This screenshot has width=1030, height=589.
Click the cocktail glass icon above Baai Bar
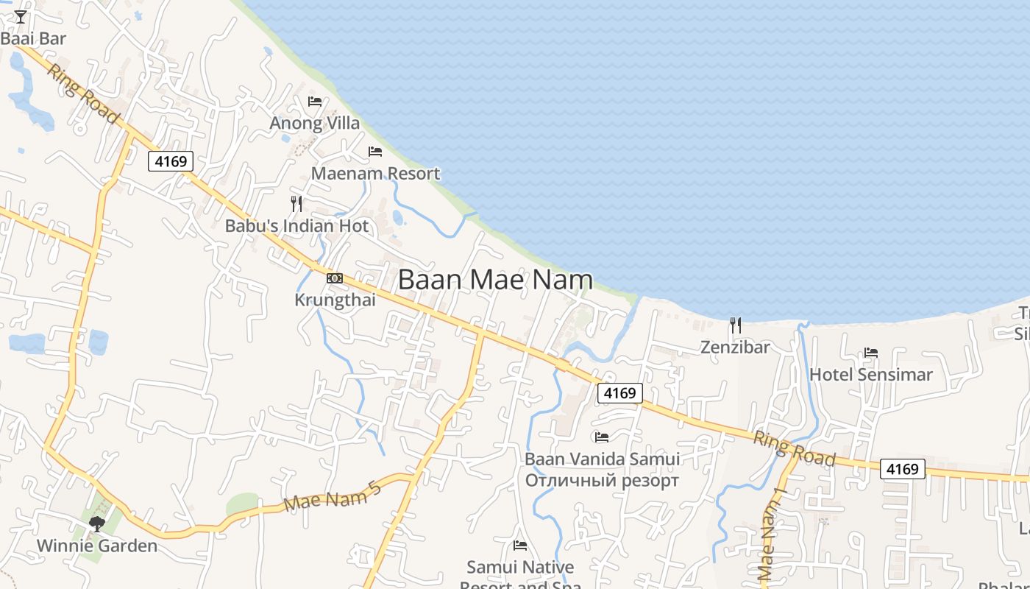click(21, 16)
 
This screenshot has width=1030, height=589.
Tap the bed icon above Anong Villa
click(315, 101)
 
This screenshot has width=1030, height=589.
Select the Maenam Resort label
click(375, 174)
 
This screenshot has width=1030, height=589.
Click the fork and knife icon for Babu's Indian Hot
click(296, 204)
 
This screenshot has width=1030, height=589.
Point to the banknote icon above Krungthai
click(335, 278)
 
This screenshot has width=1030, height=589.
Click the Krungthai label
click(335, 300)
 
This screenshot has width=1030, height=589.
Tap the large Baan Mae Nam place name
click(495, 280)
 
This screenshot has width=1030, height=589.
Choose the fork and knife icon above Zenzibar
click(735, 325)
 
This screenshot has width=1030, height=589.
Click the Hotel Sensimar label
click(870, 375)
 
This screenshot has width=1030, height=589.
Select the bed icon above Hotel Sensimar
click(871, 353)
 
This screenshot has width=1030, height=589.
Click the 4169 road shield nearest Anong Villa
click(171, 161)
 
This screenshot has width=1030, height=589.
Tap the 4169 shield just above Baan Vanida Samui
click(619, 393)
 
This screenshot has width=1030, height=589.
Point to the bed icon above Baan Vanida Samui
click(602, 437)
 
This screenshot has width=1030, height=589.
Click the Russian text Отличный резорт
click(602, 482)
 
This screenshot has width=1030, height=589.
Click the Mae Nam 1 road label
click(772, 533)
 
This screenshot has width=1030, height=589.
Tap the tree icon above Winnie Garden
click(96, 524)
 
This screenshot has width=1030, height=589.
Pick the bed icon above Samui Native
click(520, 546)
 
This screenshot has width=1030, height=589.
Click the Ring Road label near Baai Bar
click(82, 94)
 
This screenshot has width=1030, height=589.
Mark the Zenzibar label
click(735, 347)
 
